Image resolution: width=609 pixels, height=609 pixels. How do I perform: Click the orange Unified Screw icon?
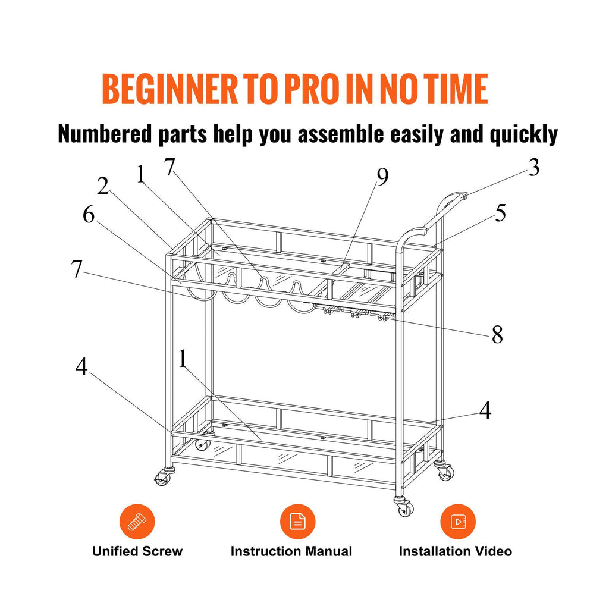click(x=137, y=522)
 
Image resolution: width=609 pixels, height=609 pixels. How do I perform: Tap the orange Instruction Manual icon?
click(x=297, y=522)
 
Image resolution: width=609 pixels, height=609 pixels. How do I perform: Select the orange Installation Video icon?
click(x=458, y=522)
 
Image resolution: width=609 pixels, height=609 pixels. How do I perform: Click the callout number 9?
click(x=382, y=177)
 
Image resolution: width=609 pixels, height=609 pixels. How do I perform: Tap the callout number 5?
click(x=501, y=213)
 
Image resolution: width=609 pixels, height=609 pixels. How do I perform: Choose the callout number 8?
click(x=498, y=334)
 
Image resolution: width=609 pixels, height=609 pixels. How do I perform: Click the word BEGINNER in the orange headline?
click(x=169, y=89)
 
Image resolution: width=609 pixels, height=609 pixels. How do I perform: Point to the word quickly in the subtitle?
click(x=523, y=134)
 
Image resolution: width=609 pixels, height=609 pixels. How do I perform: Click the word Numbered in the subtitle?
click(x=105, y=134)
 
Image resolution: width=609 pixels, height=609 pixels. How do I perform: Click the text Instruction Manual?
click(x=291, y=551)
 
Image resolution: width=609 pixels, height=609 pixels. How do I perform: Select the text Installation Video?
click(x=455, y=551)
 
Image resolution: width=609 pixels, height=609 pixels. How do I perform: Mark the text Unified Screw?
click(x=137, y=551)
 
